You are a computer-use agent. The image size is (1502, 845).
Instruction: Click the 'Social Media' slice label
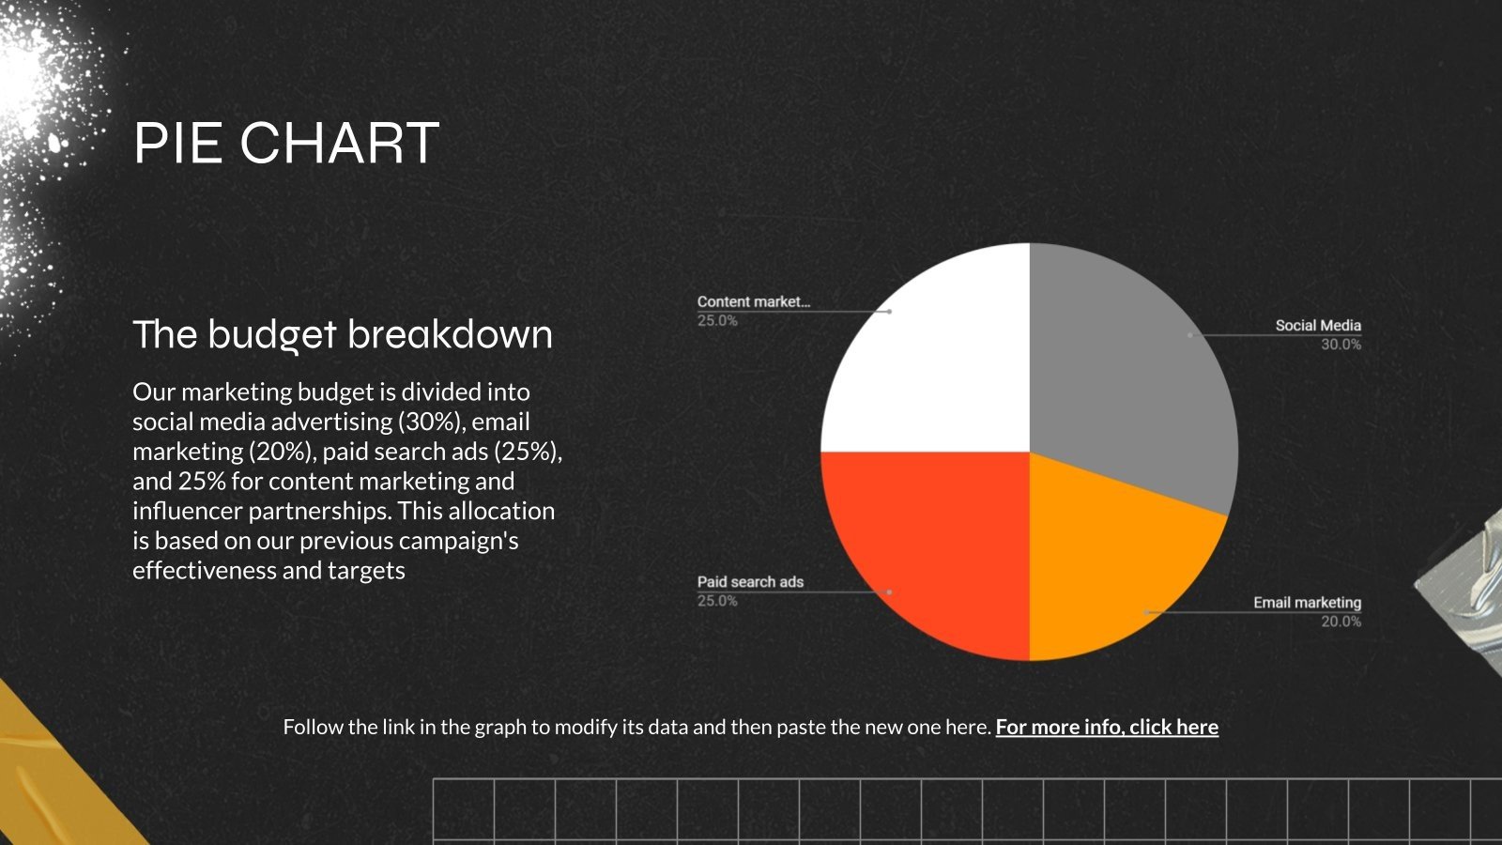[1317, 326]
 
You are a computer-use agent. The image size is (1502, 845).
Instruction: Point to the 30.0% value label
[1341, 345]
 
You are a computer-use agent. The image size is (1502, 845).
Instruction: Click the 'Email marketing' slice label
[1307, 603]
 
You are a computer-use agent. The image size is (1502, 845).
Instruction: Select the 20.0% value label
[1341, 622]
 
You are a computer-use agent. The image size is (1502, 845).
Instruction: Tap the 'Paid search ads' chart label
[750, 582]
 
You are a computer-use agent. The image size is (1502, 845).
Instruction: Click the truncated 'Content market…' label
[753, 301]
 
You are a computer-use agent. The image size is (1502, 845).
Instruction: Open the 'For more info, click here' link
[1107, 727]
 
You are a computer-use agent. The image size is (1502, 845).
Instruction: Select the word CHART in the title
[339, 144]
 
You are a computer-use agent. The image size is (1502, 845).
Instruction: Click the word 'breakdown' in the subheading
[451, 335]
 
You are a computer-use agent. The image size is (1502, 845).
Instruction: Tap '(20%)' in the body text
[281, 452]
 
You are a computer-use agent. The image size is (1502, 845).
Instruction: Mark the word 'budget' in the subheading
[271, 335]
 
